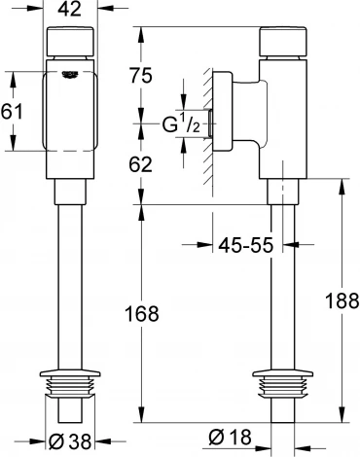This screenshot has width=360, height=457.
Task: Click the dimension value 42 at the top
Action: (68, 13)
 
